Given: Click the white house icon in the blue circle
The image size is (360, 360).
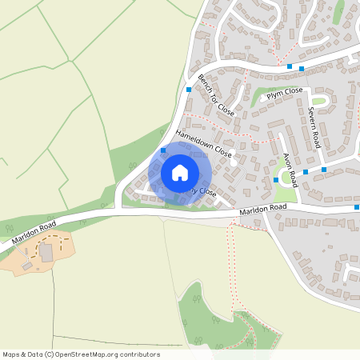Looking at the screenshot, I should tap(180, 172).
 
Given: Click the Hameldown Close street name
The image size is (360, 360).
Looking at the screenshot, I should tap(203, 144).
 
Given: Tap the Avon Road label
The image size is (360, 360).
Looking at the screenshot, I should tap(289, 163).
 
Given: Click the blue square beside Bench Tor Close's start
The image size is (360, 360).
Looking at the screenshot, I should tap(189, 90).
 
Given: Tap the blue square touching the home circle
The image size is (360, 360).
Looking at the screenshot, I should tap(163, 150).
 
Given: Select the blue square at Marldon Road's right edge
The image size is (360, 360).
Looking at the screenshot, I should tap(357, 207).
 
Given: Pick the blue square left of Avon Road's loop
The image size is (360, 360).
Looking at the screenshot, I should tap(276, 179).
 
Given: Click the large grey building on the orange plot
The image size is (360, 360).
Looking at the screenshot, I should tap(46, 253).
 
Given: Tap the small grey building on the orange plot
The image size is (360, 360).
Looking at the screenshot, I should tap(27, 265).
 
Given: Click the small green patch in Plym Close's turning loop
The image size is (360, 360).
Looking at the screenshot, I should tap(318, 101).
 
